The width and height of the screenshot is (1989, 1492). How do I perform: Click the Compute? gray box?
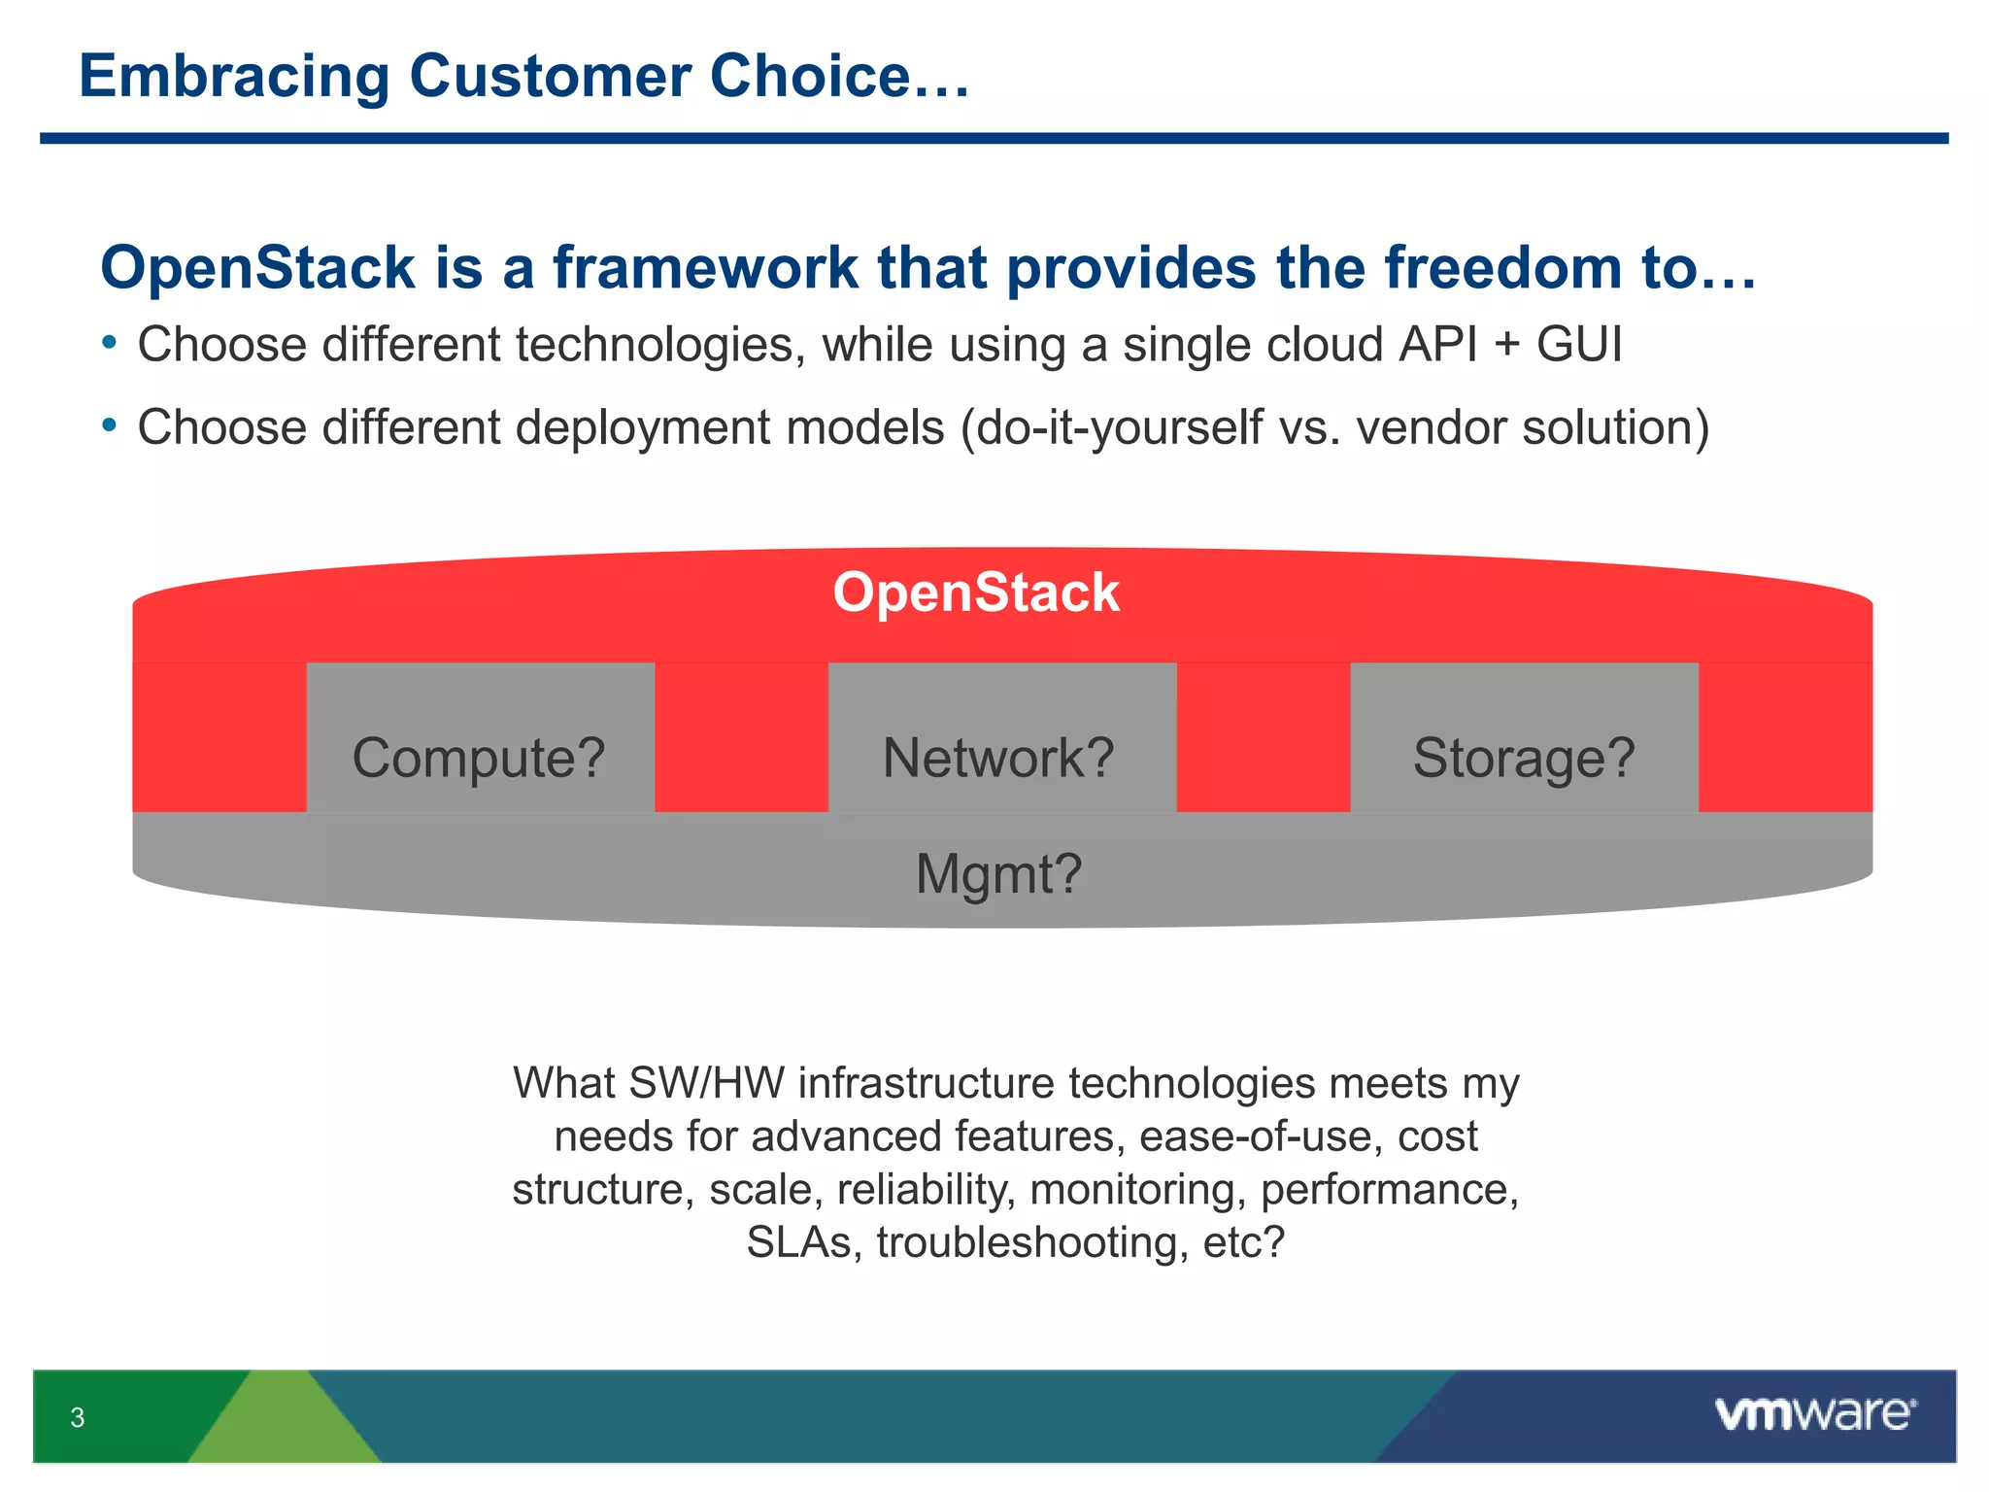(x=480, y=738)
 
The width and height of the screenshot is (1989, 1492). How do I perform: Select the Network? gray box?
(x=1001, y=738)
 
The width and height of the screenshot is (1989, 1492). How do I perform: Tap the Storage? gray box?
(x=1523, y=738)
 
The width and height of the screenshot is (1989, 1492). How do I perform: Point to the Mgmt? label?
(x=998, y=873)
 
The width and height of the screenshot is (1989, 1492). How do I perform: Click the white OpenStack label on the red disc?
(x=976, y=593)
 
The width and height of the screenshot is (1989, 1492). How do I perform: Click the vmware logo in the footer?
(x=1814, y=1413)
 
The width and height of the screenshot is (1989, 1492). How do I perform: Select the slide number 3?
(x=78, y=1417)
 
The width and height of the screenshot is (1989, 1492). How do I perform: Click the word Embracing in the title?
(x=234, y=78)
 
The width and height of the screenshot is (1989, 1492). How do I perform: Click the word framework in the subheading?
(x=705, y=268)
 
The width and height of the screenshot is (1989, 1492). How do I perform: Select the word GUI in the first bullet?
(x=1578, y=345)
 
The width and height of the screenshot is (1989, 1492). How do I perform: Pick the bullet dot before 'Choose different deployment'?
(x=110, y=425)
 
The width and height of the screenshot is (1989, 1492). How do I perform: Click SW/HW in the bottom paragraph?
(x=707, y=1083)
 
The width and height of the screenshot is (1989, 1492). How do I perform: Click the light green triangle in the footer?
(x=284, y=1423)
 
